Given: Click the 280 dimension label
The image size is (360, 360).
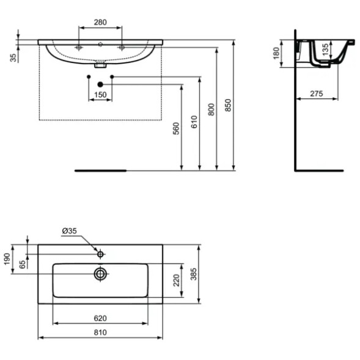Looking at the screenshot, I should [100, 23].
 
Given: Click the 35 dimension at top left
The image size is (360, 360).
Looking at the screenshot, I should [13, 57].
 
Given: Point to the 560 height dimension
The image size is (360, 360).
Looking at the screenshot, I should [176, 128].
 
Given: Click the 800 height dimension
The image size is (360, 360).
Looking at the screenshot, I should [211, 110].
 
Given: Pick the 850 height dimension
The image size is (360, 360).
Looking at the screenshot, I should [229, 106].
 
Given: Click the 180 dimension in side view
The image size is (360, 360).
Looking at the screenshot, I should [275, 54].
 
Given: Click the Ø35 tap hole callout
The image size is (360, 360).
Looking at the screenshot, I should [68, 231].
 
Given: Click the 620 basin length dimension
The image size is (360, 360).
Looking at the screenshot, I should [100, 318].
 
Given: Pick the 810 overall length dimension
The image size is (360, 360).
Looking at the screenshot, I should [100, 332].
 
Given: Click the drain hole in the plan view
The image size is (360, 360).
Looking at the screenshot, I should [100, 274].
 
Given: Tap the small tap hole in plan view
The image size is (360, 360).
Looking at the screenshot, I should [100, 252].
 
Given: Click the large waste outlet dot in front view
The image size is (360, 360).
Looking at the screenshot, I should [100, 84].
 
